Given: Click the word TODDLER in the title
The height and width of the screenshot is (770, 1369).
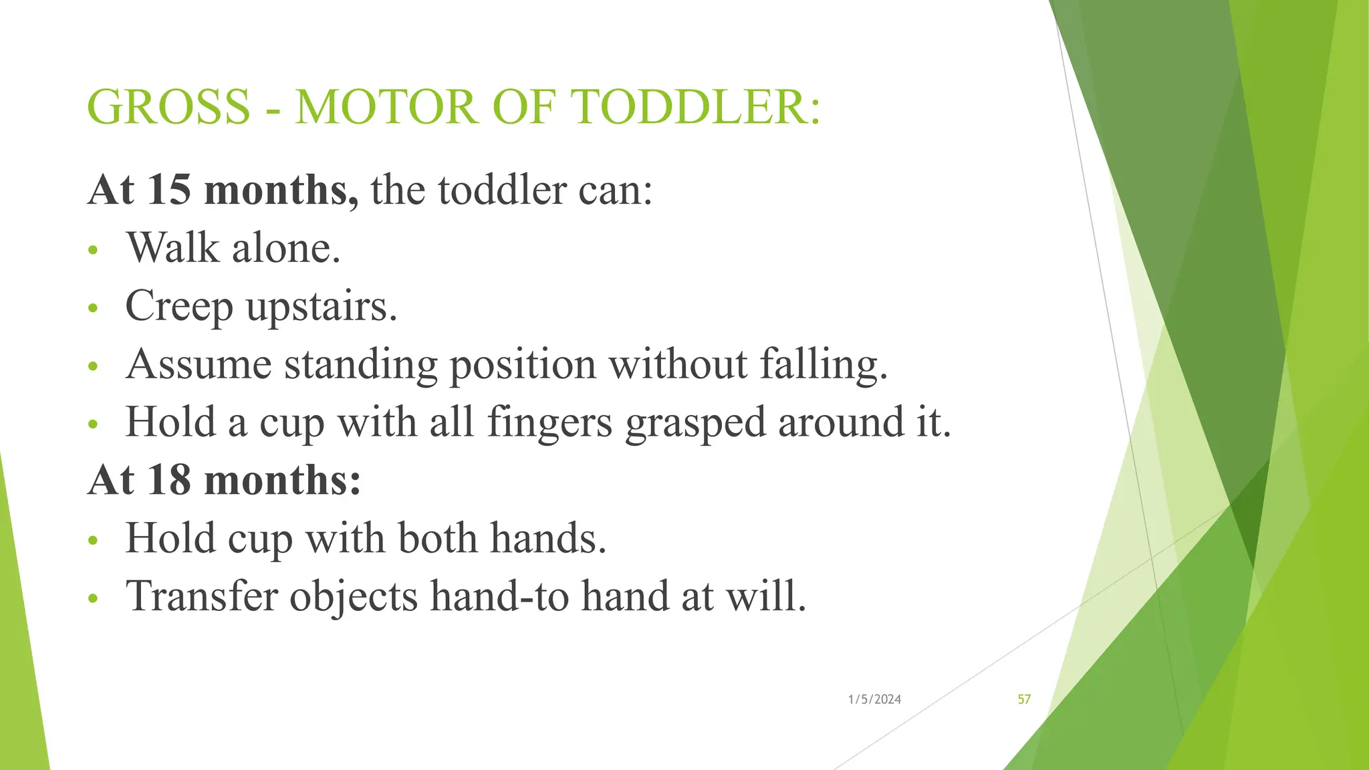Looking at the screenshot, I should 695,107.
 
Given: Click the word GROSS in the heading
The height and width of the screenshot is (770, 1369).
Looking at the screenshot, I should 168,107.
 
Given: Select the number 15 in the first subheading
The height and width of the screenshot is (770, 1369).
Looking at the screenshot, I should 168,190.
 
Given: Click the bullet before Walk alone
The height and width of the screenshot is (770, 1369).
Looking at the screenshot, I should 93,251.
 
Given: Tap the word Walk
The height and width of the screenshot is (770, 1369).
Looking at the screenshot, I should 173,248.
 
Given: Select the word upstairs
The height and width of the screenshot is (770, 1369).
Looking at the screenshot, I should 322,307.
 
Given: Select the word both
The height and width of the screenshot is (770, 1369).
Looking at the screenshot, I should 438,538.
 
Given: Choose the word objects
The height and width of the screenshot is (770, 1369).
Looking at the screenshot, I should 354,597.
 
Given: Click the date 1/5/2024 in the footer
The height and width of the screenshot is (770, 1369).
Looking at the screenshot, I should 874,699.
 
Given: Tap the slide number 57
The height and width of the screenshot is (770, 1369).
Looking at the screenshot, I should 1024,699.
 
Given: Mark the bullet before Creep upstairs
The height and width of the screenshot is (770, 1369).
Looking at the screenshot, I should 93,309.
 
